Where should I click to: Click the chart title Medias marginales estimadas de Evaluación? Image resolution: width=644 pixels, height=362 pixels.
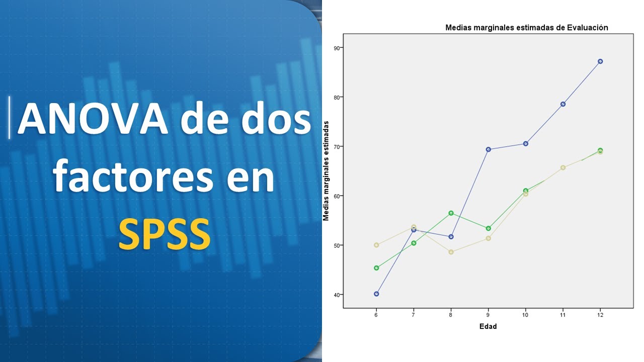527,28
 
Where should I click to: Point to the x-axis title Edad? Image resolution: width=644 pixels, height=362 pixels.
488,326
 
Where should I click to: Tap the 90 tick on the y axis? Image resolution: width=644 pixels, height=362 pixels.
336,48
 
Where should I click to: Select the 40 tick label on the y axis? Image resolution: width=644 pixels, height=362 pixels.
336,295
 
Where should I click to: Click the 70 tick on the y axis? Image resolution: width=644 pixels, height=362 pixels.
336,146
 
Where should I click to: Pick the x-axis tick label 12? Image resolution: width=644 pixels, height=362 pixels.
600,315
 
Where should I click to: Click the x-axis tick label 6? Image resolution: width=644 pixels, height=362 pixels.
376,315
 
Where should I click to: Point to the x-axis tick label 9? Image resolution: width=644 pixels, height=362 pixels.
488,315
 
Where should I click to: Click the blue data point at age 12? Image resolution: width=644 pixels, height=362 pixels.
600,61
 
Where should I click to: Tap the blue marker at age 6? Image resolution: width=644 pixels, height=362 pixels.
376,294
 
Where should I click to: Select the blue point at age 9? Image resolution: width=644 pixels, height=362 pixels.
488,149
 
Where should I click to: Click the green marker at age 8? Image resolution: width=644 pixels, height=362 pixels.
451,213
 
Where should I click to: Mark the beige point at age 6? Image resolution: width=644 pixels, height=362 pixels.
376,245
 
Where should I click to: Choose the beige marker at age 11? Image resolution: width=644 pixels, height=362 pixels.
563,167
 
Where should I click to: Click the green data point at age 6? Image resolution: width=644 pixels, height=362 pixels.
376,268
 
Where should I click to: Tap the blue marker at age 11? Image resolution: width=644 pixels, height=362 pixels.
563,104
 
